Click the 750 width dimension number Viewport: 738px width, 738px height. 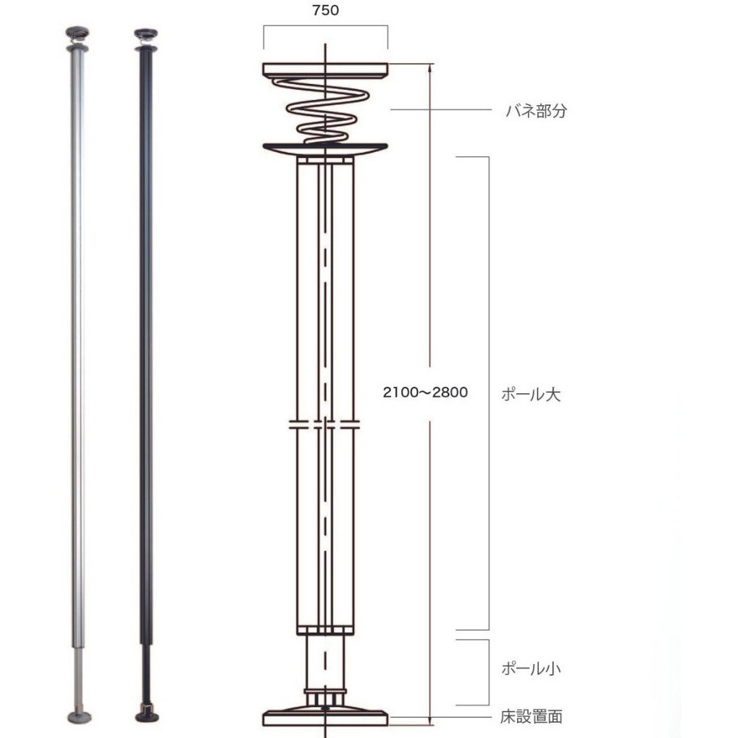pyautogui.click(x=325, y=10)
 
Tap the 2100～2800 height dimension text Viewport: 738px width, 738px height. pyautogui.click(x=425, y=392)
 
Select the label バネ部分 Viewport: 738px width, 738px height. pyautogui.click(x=536, y=111)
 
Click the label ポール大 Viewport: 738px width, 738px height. pyautogui.click(x=531, y=394)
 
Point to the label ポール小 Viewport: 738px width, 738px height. pyautogui.click(x=531, y=668)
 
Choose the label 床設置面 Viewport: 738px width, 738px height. pyautogui.click(x=532, y=717)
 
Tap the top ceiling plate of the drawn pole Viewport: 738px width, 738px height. pyautogui.click(x=325, y=70)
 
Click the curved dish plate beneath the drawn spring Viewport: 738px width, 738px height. pyautogui.click(x=325, y=149)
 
